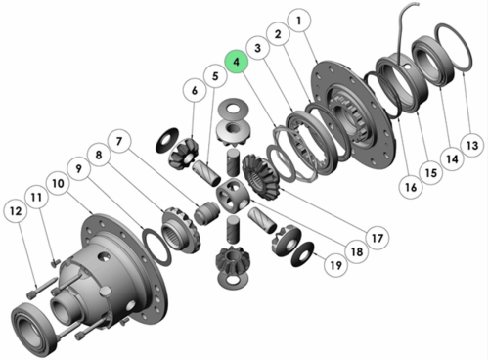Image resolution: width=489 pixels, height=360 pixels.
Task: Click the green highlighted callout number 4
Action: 237,62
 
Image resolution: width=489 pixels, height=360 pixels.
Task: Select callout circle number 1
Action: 299,21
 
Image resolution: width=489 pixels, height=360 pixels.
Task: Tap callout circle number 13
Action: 472,145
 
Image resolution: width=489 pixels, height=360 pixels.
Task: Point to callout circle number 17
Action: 378,238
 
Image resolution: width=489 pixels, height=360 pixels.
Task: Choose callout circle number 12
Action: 16,211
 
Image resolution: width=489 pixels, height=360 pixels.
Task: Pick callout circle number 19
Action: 336,265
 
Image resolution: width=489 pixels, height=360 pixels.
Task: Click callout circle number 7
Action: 119,141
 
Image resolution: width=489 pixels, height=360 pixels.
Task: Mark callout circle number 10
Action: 58,183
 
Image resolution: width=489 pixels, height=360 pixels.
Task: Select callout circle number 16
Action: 411,187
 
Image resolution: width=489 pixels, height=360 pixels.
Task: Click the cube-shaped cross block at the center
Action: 233,196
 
